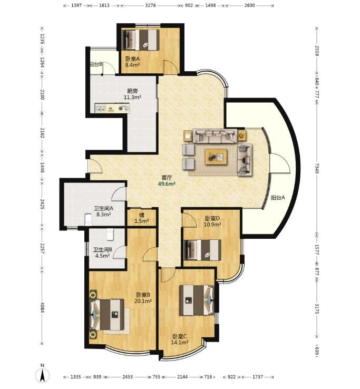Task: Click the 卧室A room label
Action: click(132, 59)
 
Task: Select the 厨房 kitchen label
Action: click(132, 91)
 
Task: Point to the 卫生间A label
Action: click(103, 208)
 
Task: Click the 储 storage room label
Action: click(142, 215)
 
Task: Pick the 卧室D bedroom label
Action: click(212, 218)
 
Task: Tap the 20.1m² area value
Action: click(143, 301)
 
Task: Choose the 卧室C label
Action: click(180, 336)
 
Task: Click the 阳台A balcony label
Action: click(278, 198)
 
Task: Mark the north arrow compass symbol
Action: click(43, 375)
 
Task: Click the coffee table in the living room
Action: click(216, 157)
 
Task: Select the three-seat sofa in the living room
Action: click(215, 136)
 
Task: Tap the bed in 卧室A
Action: click(140, 40)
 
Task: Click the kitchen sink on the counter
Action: click(101, 109)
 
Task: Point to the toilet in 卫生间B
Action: click(110, 235)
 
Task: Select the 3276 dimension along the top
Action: click(150, 5)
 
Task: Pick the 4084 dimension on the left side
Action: click(42, 307)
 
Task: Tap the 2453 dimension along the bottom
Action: click(128, 377)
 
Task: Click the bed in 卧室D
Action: click(202, 250)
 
